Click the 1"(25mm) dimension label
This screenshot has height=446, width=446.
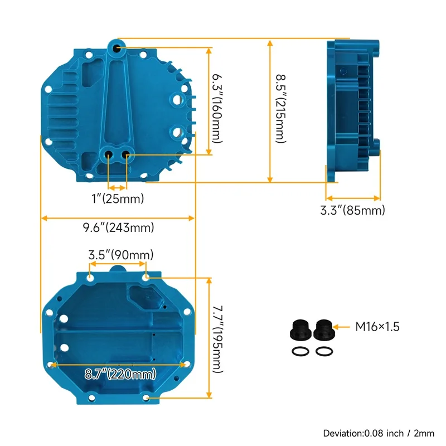118,198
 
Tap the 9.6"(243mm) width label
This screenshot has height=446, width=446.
118,227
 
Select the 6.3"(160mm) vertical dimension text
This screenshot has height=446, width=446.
217,108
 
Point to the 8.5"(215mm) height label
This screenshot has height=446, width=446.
281,108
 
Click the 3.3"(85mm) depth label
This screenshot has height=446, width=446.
352,211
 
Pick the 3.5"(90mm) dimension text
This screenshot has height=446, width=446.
121,255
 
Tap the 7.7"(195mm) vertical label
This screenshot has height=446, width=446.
217,339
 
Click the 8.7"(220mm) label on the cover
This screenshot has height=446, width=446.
120,374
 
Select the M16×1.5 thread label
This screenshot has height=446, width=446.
377,327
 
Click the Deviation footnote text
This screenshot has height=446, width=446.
379,433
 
